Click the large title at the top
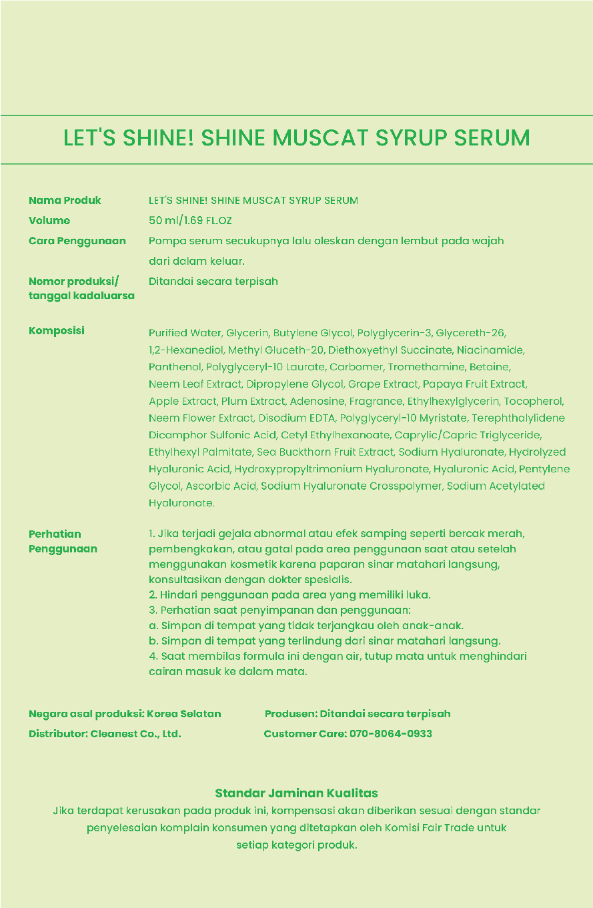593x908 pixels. pyautogui.click(x=296, y=138)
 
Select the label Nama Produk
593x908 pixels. pyautogui.click(x=65, y=200)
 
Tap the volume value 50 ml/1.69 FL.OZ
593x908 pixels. pyautogui.click(x=190, y=220)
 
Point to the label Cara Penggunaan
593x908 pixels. pyautogui.click(x=77, y=241)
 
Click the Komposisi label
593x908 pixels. pyautogui.click(x=56, y=331)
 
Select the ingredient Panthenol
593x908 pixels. pyautogui.click(x=175, y=367)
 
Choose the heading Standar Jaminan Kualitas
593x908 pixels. pyautogui.click(x=296, y=793)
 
